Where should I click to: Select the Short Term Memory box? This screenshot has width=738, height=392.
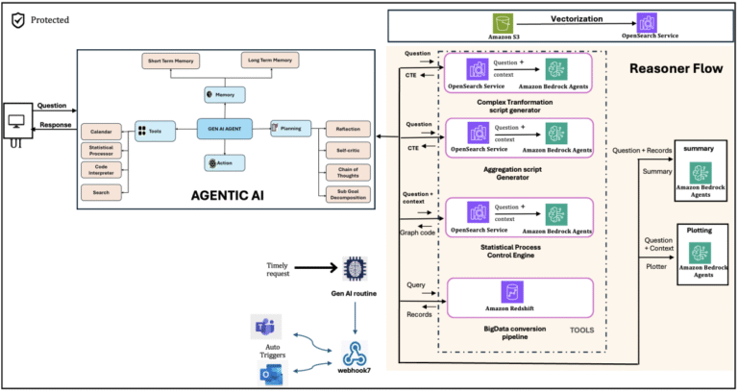(x=170, y=61)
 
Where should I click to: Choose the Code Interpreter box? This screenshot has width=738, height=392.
(x=101, y=171)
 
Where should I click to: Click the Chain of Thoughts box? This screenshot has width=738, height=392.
(x=341, y=170)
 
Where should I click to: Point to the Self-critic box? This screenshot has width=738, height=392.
(x=341, y=149)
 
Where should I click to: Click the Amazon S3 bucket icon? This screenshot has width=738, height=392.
(x=501, y=22)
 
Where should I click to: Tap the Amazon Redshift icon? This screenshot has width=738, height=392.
(x=512, y=292)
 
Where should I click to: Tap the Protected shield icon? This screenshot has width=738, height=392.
(x=15, y=18)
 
